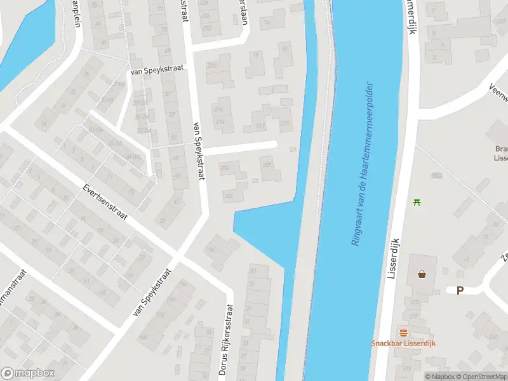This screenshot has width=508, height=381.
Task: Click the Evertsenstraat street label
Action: coord(105,203)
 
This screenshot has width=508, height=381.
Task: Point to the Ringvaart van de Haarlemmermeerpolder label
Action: coord(360,163)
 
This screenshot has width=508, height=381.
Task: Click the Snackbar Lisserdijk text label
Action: coord(403,344)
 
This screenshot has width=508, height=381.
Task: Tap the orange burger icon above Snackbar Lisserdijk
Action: coord(403,333)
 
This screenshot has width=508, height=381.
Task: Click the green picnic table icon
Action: coord(417,202)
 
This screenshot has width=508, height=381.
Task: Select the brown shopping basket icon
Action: coord(422,275)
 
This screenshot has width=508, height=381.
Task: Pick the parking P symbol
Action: coord(460,291)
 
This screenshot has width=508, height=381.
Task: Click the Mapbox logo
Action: coord(27,373)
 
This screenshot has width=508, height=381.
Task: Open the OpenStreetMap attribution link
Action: coord(483,377)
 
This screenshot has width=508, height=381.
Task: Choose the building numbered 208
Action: coord(267,166)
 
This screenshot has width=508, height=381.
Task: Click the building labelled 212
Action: coord(260,126)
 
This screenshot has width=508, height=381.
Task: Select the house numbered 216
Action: coord(219,109)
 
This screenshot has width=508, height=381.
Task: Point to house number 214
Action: coord(219,121)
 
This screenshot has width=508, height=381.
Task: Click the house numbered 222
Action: coord(206,28)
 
